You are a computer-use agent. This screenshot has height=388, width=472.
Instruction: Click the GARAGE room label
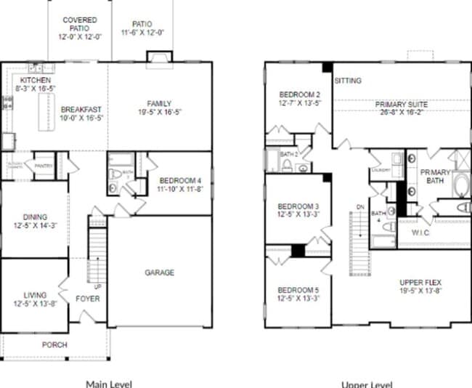(x=159, y=272)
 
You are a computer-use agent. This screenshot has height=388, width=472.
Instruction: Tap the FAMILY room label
(x=159, y=103)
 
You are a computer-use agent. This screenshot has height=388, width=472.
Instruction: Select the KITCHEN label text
(x=35, y=79)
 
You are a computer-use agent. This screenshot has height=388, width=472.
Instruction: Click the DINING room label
(x=35, y=217)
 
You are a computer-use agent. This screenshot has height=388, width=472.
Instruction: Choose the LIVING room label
(x=35, y=295)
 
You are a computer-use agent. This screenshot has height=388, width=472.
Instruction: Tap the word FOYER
(x=89, y=299)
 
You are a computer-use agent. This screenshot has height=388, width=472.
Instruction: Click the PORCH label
(x=54, y=345)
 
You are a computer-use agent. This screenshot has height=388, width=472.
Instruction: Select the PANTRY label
(x=44, y=164)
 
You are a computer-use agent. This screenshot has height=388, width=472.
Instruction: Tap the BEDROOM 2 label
(x=299, y=94)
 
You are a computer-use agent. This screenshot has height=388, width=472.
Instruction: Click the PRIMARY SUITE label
(x=400, y=105)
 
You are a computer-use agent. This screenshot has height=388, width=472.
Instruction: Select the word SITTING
(x=348, y=81)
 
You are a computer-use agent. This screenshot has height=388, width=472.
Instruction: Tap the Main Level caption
(x=109, y=383)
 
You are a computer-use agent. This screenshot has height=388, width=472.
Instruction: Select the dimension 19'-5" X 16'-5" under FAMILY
(x=159, y=113)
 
